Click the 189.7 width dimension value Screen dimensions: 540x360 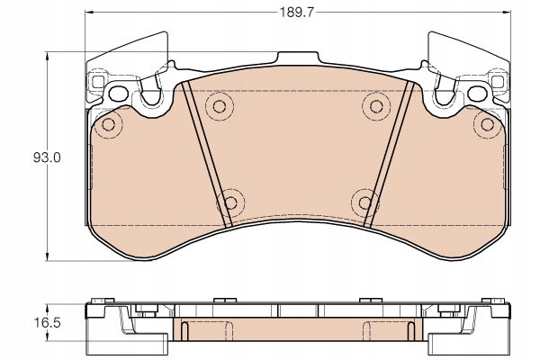[x=297, y=13]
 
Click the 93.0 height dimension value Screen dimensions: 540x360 [x=47, y=157]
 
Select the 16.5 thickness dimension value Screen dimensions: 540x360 [x=47, y=323]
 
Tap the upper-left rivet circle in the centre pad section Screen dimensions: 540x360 [x=220, y=106]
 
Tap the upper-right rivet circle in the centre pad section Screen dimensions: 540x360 [x=376, y=106]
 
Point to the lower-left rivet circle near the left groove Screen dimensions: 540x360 [x=230, y=202]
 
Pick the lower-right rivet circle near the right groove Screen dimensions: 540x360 [x=365, y=202]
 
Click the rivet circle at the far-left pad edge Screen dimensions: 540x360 [x=109, y=124]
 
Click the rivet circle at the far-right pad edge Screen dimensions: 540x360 [x=488, y=124]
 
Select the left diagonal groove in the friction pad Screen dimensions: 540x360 [x=207, y=154]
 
